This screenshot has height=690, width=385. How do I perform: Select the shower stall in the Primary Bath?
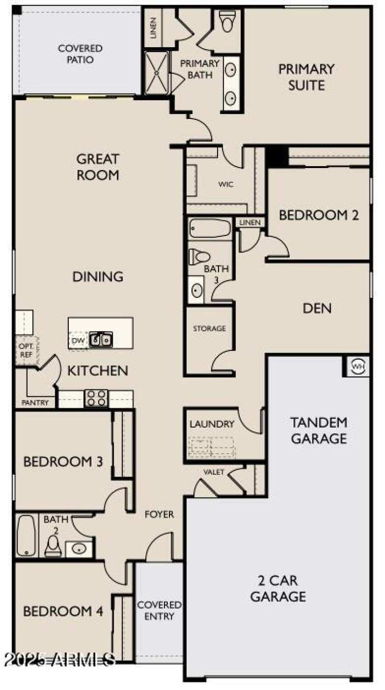[x=157, y=72]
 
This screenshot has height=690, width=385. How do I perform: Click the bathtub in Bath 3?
[x=210, y=228]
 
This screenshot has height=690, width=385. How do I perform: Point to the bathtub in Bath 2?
[x=26, y=536]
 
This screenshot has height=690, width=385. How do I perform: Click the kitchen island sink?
[x=101, y=340]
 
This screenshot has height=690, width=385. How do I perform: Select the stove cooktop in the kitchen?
[x=96, y=398]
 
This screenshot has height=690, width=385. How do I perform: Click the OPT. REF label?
[x=25, y=350]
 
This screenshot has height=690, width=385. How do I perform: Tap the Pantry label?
[x=35, y=403]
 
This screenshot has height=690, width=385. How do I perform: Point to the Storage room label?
[x=209, y=329]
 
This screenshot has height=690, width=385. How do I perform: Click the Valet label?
[x=214, y=472]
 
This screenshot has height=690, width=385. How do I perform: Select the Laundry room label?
[x=212, y=424]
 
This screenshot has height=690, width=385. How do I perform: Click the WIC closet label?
[x=226, y=184]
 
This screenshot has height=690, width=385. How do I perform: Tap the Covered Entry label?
[x=159, y=610]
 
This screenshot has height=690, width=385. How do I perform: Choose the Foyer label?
[x=160, y=515]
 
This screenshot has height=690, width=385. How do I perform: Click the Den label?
[x=317, y=308]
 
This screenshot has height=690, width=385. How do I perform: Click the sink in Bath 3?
[x=196, y=290]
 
